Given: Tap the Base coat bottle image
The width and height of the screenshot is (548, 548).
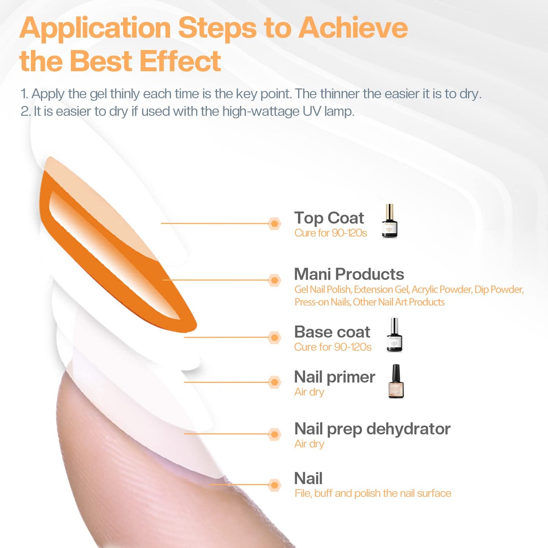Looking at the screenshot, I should (394, 335).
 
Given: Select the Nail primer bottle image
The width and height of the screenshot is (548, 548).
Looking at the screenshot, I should (396, 382).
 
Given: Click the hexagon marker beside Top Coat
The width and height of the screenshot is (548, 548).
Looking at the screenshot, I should (274, 224).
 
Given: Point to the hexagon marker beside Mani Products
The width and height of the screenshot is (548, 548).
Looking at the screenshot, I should (274, 280).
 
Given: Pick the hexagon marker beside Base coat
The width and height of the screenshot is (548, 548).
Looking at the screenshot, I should (274, 337).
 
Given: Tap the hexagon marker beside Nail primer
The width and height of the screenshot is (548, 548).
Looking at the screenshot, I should (274, 382).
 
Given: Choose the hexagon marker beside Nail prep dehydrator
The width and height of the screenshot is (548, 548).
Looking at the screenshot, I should (274, 434).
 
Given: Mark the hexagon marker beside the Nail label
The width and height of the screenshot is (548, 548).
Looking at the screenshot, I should (274, 485).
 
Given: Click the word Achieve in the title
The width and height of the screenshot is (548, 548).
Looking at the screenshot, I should (353, 28).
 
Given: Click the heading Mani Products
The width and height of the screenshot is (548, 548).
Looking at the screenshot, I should (349, 274).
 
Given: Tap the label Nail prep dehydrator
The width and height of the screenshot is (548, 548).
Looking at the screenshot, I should (372, 429).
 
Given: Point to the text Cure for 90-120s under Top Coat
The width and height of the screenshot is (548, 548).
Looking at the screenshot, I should (331, 233).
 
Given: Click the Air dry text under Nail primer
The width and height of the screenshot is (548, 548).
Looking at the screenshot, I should (309, 392).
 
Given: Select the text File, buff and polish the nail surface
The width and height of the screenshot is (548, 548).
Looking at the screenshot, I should (373, 493).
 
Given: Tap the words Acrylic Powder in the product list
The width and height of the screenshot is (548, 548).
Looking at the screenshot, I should (442, 290).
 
